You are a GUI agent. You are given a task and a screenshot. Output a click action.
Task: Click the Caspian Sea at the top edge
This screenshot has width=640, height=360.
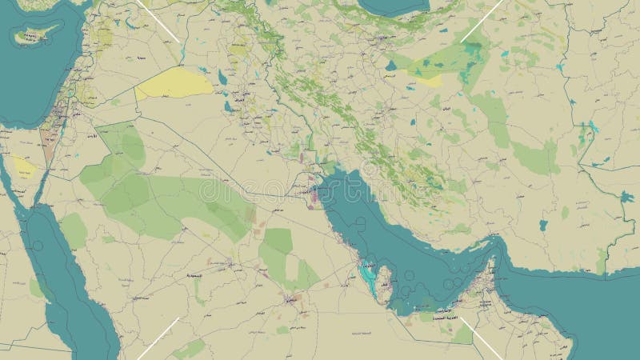tap(392, 6)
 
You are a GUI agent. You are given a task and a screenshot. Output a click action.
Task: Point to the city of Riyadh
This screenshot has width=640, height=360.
tap(290, 301)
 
